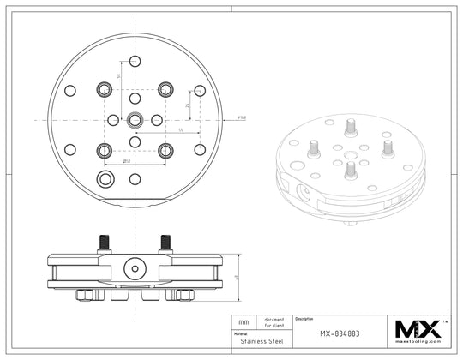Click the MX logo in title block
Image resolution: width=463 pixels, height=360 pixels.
click(417, 327)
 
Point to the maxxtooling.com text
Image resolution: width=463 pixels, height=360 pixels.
click(417, 341)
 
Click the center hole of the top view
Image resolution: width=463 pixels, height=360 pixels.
click(135, 120)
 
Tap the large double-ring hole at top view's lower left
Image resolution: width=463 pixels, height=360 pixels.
click(105, 178)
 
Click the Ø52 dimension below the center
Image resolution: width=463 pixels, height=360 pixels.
click(126, 160)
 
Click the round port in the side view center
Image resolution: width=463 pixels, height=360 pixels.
click(135, 268)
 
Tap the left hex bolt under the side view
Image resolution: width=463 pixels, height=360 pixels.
click(86, 295)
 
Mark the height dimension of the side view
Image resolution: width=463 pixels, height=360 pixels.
click(235, 276)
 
